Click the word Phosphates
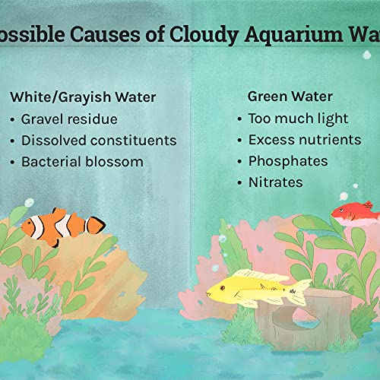(288, 161)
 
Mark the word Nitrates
(275, 182)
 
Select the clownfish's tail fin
(96, 225)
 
